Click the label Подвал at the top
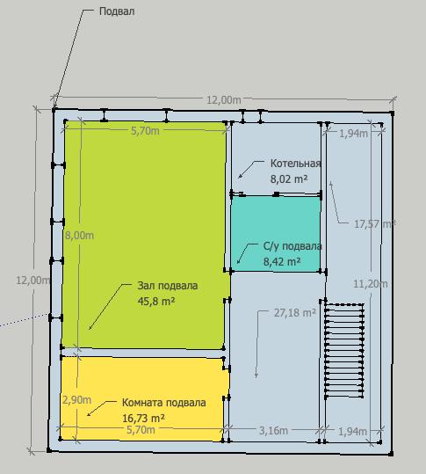pos(117,11)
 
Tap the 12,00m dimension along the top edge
pos(224,99)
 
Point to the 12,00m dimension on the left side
pos(32,281)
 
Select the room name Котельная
pos(295,164)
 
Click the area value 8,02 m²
pos(289,179)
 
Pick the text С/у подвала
pos(292,246)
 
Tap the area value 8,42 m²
pos(282,261)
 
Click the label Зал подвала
pos(168,286)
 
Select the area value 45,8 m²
pos(156,301)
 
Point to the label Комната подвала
pos(164,403)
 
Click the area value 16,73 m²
pos(143,419)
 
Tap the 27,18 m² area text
pos(295,313)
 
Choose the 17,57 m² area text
pos(375,224)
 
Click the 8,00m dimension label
pos(79,236)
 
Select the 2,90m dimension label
pos(76,400)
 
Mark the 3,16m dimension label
pos(273,431)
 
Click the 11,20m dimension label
pos(371,284)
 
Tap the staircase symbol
pos(344,351)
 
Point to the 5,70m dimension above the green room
pos(145,131)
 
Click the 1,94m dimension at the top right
pos(354,134)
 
